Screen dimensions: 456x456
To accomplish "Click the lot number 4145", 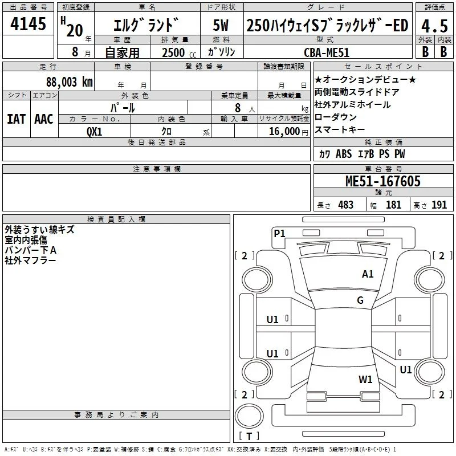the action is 28,23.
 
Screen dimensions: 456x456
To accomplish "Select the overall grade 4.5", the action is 434,26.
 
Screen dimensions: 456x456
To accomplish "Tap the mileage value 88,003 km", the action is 70,82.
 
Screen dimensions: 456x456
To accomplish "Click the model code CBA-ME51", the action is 326,52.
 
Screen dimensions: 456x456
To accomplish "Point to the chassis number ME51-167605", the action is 383,181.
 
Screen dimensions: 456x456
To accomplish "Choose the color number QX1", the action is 95,132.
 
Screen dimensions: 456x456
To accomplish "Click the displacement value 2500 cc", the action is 179,52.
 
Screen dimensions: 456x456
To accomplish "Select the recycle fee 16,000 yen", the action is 288,132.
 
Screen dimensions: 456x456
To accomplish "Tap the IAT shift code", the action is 17,119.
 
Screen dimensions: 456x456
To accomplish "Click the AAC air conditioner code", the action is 44,119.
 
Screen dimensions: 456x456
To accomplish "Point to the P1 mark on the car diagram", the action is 279,233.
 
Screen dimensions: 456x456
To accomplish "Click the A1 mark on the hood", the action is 368,274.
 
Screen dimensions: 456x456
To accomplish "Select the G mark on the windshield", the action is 360,300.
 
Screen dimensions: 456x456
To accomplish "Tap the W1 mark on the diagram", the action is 365,380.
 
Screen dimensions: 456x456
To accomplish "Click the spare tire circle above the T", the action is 249,416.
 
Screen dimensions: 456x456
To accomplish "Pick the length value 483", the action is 346,205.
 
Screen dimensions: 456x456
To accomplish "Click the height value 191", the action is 439,205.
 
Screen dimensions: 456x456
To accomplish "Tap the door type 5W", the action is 221,25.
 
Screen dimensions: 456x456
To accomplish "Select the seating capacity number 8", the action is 238,108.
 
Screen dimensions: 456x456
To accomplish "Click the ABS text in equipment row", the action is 344,154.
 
